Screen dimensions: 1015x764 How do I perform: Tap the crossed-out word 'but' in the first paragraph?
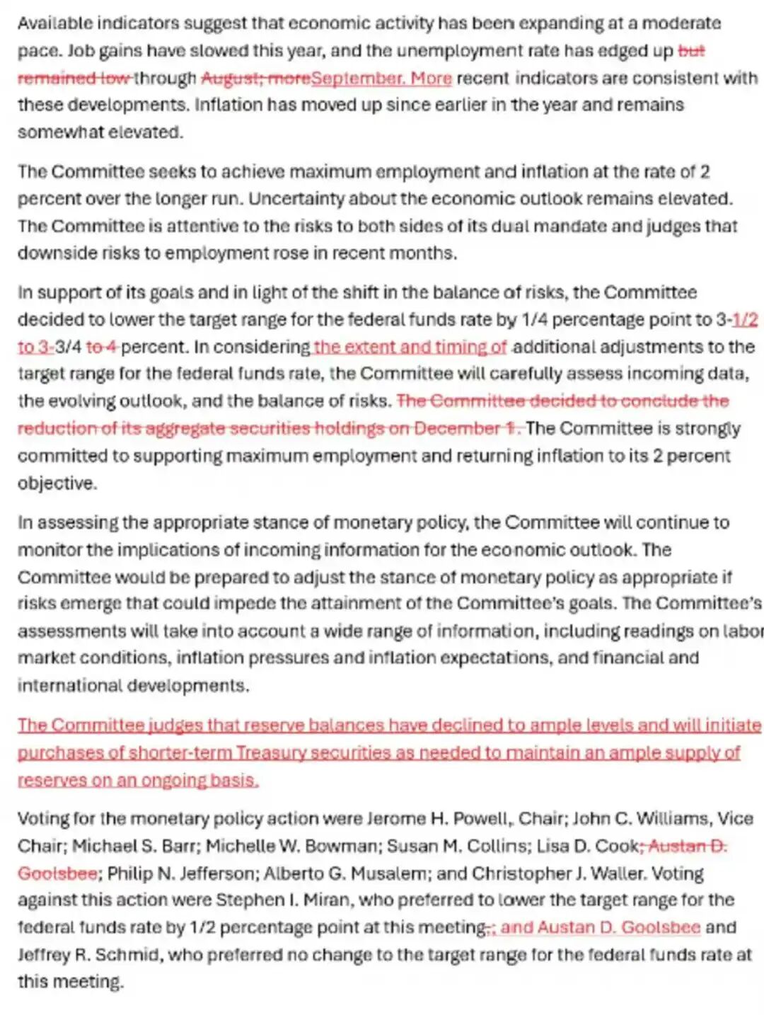[x=691, y=51]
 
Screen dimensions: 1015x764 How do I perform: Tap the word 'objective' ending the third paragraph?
[x=56, y=483]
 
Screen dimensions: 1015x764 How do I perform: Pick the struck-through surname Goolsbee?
[x=57, y=873]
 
